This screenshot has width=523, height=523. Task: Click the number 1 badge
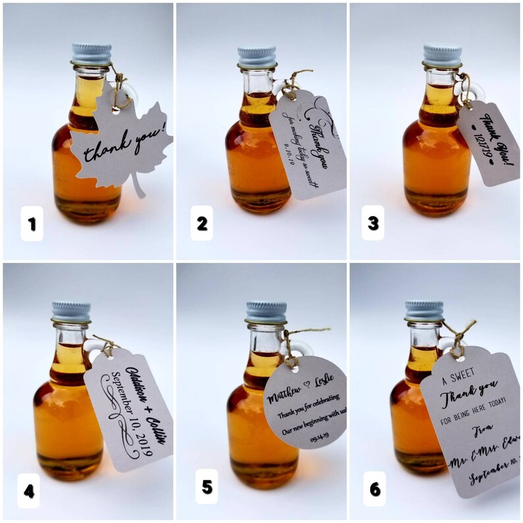pyautogui.click(x=32, y=225)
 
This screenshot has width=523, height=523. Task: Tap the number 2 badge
pyautogui.click(x=202, y=223)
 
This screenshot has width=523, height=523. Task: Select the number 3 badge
pyautogui.click(x=373, y=223)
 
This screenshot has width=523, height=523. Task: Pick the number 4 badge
pyautogui.click(x=29, y=490)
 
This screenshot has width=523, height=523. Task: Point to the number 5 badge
pyautogui.click(x=207, y=487)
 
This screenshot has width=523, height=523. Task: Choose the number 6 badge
pyautogui.click(x=374, y=489)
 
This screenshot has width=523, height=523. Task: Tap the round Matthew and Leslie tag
pyautogui.click(x=304, y=402)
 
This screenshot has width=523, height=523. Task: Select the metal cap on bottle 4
pyautogui.click(x=71, y=312)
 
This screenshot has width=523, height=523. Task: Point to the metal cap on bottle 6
pyautogui.click(x=424, y=310)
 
